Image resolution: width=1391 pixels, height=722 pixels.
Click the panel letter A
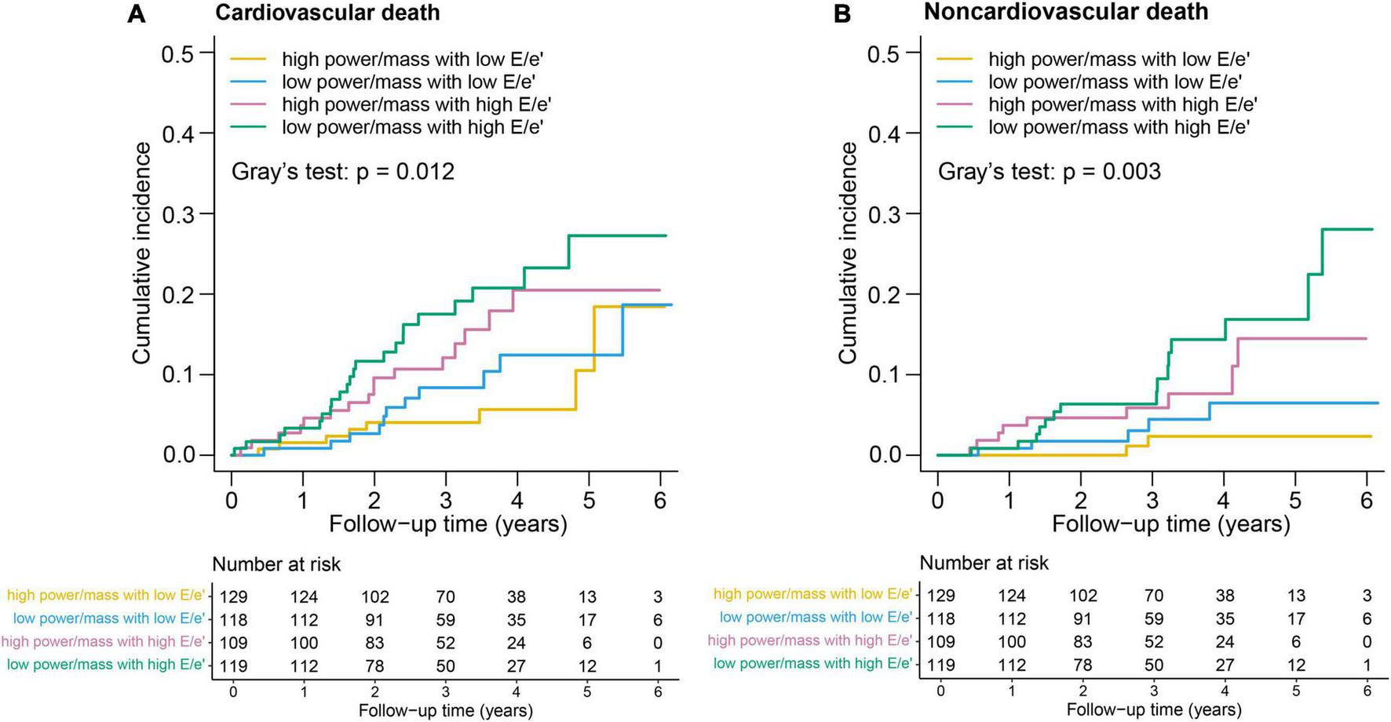click(136, 14)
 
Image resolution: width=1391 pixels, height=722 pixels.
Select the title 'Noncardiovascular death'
click(1066, 12)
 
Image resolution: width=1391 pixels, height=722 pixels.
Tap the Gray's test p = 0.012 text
click(343, 172)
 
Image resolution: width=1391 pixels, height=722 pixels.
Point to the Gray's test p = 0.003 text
click(1049, 172)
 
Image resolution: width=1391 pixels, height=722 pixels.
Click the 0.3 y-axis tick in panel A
click(179, 214)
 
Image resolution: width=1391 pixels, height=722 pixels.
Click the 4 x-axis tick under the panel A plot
click(517, 500)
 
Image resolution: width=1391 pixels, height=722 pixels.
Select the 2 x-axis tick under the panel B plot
click(1081, 500)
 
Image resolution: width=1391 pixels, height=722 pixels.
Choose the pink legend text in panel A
click(417, 104)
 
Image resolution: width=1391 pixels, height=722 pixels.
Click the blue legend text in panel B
click(1115, 82)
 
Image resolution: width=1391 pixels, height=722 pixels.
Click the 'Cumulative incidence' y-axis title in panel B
click(848, 253)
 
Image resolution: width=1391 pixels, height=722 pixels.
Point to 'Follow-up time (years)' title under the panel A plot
click(447, 523)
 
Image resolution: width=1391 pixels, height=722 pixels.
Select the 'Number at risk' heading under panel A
click(276, 564)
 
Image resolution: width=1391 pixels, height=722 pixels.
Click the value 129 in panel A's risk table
click(233, 597)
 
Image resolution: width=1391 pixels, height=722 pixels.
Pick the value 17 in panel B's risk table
click(1296, 619)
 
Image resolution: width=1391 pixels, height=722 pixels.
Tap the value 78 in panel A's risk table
click(374, 666)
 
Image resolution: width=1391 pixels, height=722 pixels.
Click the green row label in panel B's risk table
click(812, 664)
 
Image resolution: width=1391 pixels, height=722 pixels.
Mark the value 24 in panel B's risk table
click(1225, 642)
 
